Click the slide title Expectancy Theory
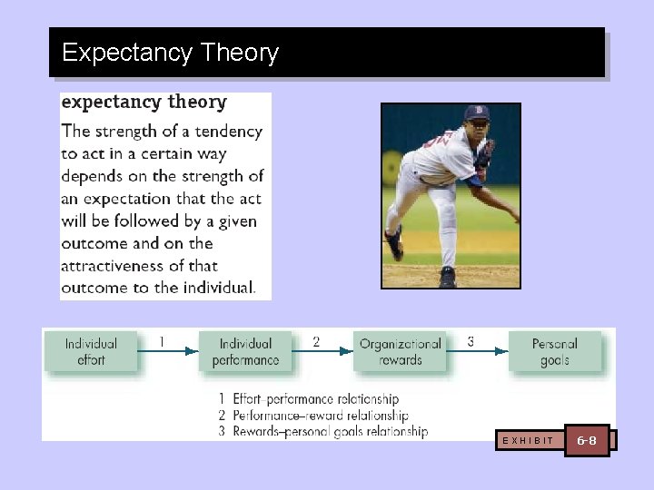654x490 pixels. [170, 53]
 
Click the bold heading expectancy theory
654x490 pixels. [144, 102]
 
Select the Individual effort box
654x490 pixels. [91, 352]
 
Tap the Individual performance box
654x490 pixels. [245, 352]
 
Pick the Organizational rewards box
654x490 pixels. [400, 352]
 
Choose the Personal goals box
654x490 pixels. [554, 352]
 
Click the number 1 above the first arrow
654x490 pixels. [162, 342]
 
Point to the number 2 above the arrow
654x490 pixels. [316, 342]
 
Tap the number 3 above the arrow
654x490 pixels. [471, 342]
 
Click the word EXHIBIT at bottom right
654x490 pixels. [528, 441]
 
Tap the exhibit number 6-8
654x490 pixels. [587, 440]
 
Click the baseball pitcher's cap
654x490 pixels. [477, 113]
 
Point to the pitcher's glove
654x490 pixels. [485, 154]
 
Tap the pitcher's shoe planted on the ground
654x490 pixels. [447, 278]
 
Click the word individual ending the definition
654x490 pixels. [217, 289]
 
